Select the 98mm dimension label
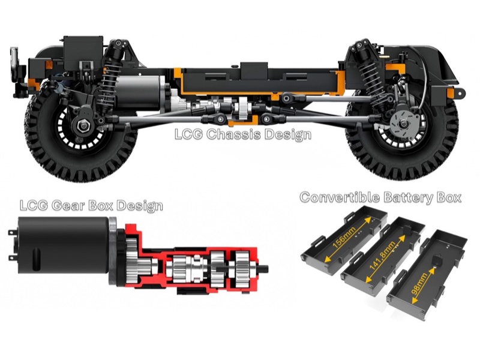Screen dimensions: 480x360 click(419, 284)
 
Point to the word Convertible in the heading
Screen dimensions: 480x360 click(340, 197)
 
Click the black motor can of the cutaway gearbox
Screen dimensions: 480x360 click(64, 245)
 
